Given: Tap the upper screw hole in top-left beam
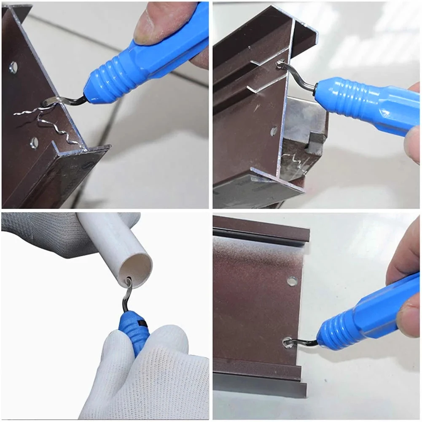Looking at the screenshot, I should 13,67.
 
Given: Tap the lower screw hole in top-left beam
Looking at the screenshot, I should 34,143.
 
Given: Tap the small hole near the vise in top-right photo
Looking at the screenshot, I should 274,131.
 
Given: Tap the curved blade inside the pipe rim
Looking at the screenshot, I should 128,291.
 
